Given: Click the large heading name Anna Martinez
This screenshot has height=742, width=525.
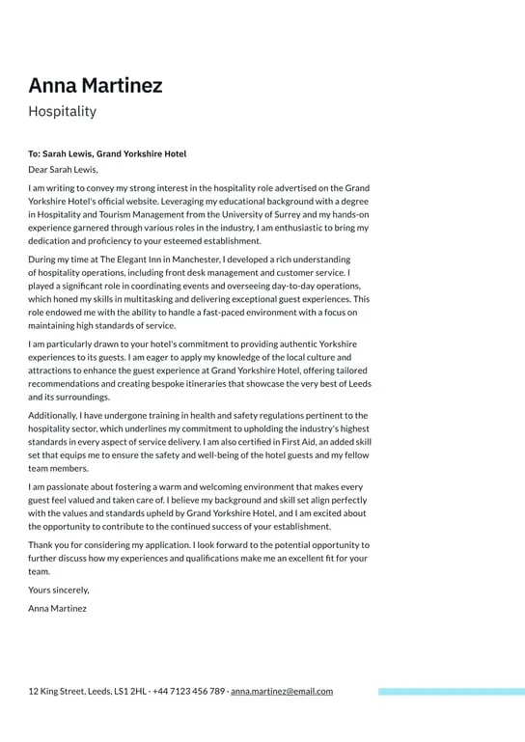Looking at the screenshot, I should pyautogui.click(x=95, y=85).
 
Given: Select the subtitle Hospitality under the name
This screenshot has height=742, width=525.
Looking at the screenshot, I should pyautogui.click(x=62, y=111).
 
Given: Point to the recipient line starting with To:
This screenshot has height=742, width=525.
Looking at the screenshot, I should pyautogui.click(x=107, y=153).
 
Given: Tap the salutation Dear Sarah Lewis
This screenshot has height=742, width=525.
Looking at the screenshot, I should pyautogui.click(x=63, y=169).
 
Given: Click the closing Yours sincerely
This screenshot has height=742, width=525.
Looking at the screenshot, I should pyautogui.click(x=58, y=590).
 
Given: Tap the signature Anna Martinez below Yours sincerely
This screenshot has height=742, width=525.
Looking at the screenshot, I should pyautogui.click(x=57, y=609).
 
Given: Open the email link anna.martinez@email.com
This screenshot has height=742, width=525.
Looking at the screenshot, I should pyautogui.click(x=282, y=691).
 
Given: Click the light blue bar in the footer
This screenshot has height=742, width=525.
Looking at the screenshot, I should pyautogui.click(x=451, y=692).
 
